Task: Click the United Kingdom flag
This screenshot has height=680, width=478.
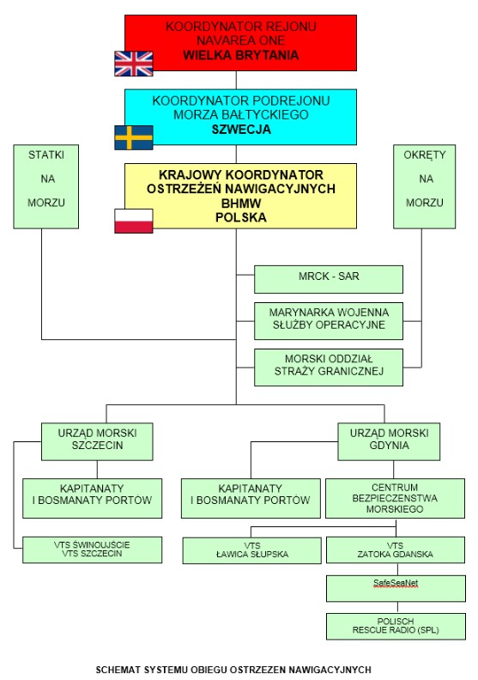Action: click(134, 64)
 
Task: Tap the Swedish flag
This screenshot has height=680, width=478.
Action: click(134, 137)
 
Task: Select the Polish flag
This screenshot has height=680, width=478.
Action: click(134, 221)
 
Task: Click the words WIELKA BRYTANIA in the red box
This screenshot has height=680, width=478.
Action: click(240, 56)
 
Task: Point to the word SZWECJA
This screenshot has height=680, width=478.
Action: click(241, 130)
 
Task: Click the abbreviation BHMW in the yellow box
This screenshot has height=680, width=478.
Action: click(241, 203)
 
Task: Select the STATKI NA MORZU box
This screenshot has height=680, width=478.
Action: click(46, 186)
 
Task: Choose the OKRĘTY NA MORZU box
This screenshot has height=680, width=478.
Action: click(424, 186)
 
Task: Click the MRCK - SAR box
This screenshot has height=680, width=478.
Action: click(329, 279)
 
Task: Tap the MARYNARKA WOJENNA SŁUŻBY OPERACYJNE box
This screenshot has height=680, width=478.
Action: click(329, 321)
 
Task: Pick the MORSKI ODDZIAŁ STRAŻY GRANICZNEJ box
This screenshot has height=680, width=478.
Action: click(329, 367)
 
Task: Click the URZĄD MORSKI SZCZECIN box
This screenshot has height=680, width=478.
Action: click(97, 441)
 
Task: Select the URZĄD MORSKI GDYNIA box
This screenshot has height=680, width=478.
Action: click(389, 441)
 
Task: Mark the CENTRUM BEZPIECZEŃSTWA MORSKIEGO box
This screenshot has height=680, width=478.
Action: click(395, 498)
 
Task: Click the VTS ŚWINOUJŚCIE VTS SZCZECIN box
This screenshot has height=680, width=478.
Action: click(93, 549)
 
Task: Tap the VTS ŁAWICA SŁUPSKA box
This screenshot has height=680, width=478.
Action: click(251, 550)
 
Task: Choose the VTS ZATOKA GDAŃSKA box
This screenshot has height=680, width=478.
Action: click(396, 549)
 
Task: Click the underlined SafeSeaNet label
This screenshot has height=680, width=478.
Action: click(396, 583)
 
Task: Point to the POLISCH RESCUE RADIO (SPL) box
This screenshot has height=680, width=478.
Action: click(396, 626)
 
